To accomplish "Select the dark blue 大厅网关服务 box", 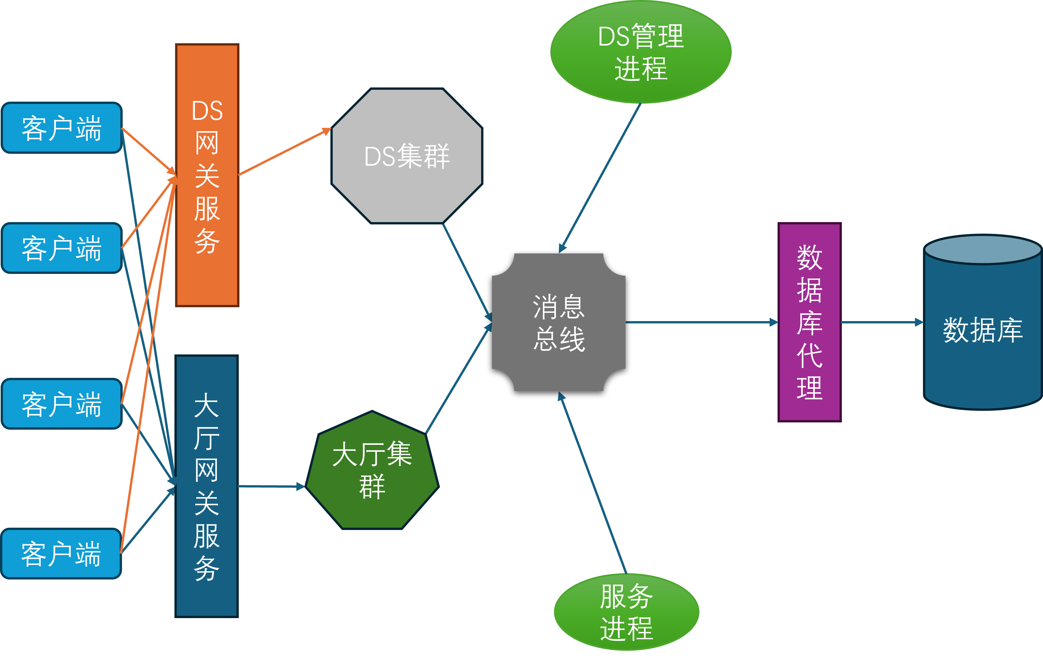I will (207, 598).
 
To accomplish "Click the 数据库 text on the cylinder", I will (983, 330).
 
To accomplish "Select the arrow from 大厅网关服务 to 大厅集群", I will (271, 487).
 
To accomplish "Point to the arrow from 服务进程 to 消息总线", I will (594, 483).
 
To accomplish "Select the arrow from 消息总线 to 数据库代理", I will (702, 322).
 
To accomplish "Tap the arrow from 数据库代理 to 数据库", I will (881, 322).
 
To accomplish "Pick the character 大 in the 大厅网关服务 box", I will (207, 405).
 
